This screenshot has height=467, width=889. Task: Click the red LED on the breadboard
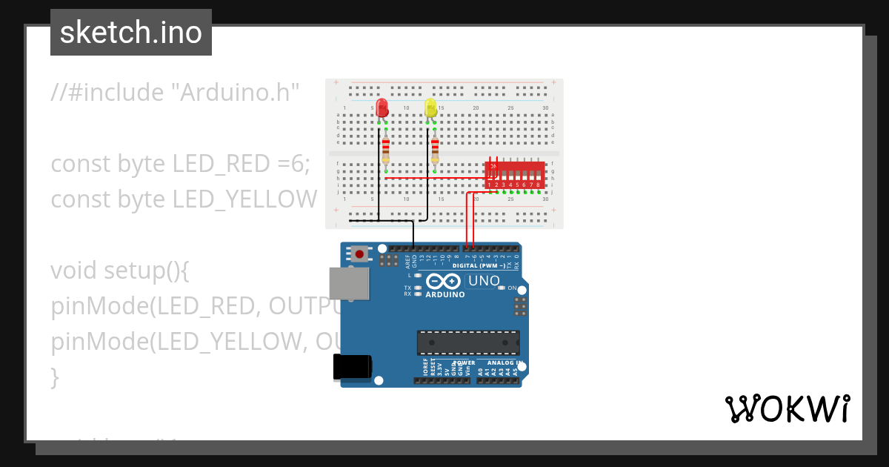pos(382,108)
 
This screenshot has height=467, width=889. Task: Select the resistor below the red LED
pos(385,150)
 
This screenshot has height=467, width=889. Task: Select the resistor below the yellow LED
pos(435,150)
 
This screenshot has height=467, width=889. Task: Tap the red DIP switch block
pos(516,175)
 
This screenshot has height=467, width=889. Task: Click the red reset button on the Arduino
pos(360,254)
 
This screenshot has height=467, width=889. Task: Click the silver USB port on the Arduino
pos(350,284)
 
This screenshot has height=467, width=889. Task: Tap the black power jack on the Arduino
pos(352,367)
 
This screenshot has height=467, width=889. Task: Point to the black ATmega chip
pos(468,342)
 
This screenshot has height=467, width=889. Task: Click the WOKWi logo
pos(787,409)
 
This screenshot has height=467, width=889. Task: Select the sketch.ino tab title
pos(131,33)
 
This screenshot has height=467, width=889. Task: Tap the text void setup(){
pos(120,271)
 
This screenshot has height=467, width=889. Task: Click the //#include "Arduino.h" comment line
pos(175,93)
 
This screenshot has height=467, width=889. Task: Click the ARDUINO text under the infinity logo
pos(445,294)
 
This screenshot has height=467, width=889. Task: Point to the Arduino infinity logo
pos(444,282)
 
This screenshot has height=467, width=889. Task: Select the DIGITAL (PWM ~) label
pos(479,265)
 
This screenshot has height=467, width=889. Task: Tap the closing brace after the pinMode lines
pos(55,377)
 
